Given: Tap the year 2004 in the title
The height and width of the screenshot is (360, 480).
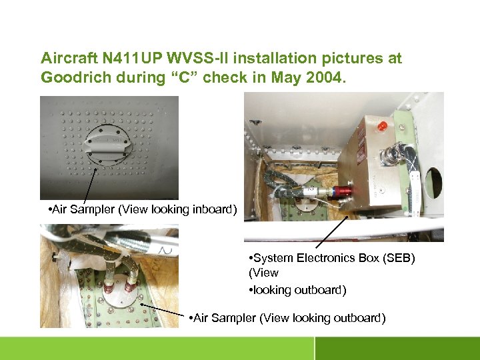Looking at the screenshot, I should coord(323,77).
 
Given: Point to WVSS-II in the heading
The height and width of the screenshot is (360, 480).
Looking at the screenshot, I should coord(210,59).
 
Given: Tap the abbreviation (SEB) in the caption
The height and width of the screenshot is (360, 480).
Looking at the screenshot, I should coord(393,258).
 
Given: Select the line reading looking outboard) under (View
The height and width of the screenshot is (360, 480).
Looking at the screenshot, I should coord(297,290).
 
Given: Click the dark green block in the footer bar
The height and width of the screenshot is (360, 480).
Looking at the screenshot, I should coord(397,348).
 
